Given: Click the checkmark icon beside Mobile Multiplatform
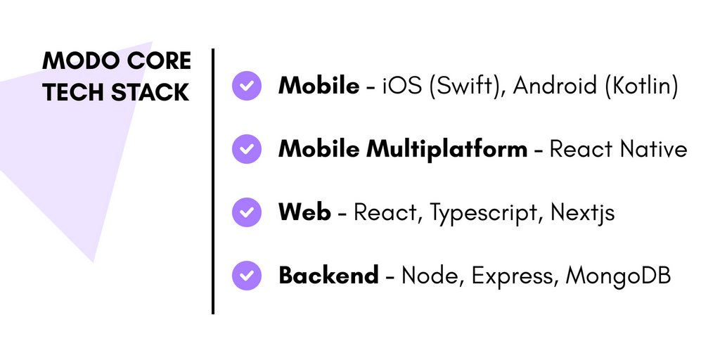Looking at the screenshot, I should pyautogui.click(x=246, y=149).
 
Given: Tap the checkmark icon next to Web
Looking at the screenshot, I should pyautogui.click(x=246, y=212).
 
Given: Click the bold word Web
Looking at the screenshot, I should pyautogui.click(x=304, y=212).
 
